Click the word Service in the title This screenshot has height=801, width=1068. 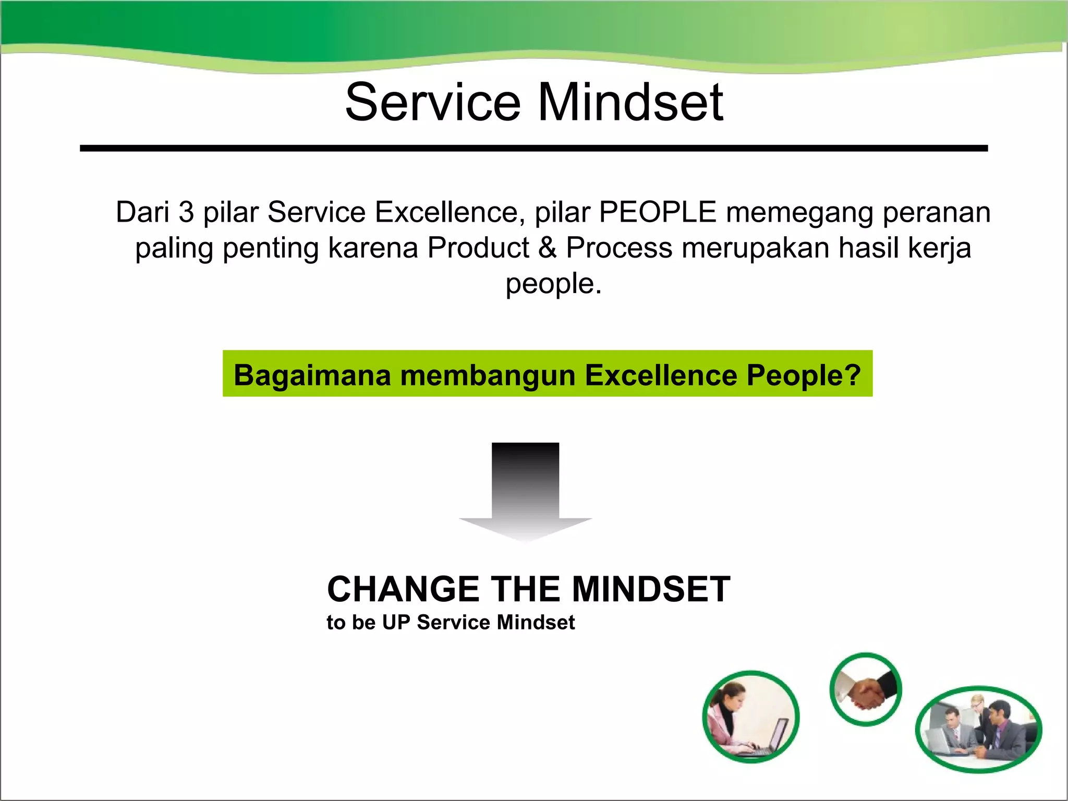point(433,102)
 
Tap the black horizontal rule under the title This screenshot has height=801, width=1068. point(533,149)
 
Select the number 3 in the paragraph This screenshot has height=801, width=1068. point(186,212)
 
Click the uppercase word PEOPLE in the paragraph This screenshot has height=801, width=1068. point(658,212)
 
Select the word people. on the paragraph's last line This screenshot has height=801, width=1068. point(553,284)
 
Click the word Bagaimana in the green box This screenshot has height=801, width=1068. point(312,375)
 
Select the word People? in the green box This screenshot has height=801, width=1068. point(804,375)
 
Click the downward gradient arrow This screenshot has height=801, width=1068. point(525,490)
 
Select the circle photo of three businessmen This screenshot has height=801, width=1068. point(978,729)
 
